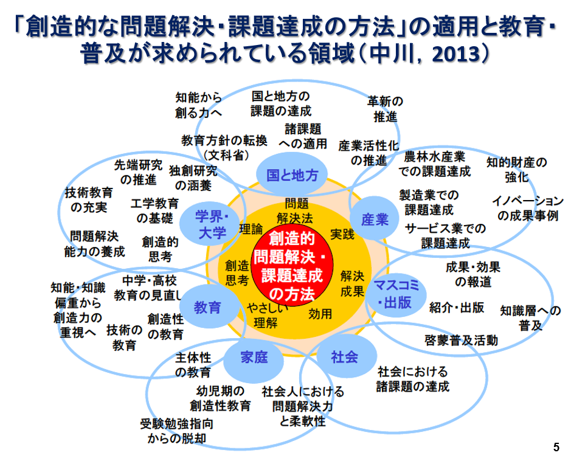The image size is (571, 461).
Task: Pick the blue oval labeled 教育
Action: click(207, 307)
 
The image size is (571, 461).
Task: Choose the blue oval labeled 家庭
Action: click(254, 357)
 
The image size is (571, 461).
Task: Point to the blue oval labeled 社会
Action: click(344, 357)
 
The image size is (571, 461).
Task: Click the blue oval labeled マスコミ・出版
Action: click(397, 294)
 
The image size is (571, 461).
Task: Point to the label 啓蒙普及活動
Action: click(461, 340)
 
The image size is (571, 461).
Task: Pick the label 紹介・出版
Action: click(457, 307)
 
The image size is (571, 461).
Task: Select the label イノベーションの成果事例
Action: click(527, 208)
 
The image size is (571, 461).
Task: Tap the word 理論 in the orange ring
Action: click(251, 229)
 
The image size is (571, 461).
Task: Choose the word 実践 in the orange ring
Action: click(342, 234)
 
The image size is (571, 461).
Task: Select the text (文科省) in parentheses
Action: click(224, 156)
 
